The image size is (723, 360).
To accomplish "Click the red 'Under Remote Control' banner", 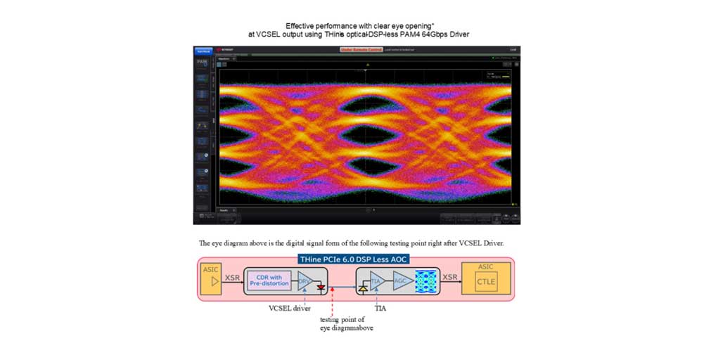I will [x=359, y=49].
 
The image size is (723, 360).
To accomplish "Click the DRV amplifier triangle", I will [x=303, y=281].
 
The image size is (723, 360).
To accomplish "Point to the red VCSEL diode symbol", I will [x=321, y=287].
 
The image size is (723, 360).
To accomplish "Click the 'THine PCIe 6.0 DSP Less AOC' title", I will [x=354, y=259].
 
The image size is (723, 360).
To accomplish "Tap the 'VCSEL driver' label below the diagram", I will [x=290, y=308].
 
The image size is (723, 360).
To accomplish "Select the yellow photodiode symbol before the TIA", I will [x=363, y=288].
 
